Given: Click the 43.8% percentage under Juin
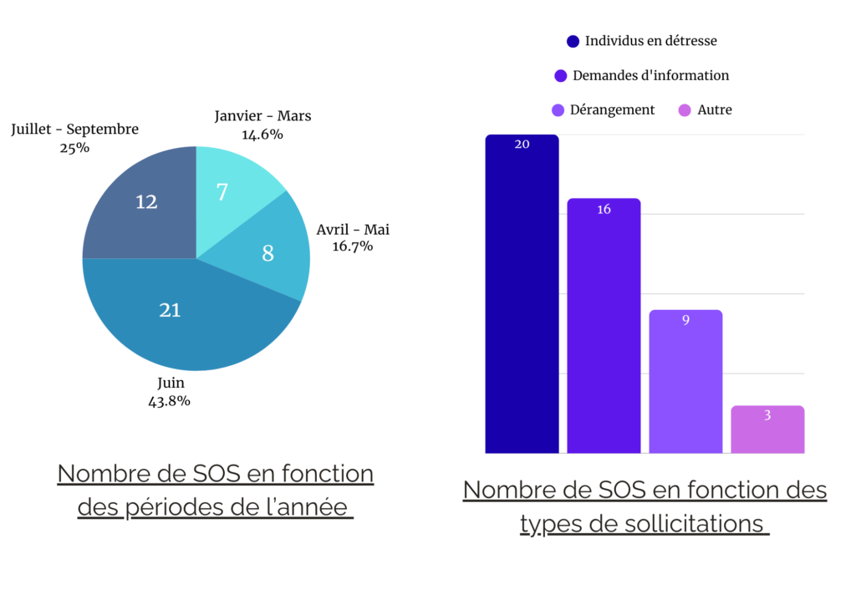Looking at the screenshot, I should click(x=170, y=401).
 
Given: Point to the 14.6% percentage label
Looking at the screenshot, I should click(x=262, y=134).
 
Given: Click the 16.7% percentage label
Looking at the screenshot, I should click(x=352, y=247).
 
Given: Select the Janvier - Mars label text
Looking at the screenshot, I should click(x=262, y=116).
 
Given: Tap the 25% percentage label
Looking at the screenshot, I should click(x=74, y=148).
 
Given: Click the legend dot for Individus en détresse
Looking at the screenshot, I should click(x=573, y=41).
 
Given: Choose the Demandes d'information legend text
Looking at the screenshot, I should click(x=650, y=75).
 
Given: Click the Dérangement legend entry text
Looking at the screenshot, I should click(x=612, y=109).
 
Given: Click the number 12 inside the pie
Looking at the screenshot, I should click(x=146, y=201).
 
